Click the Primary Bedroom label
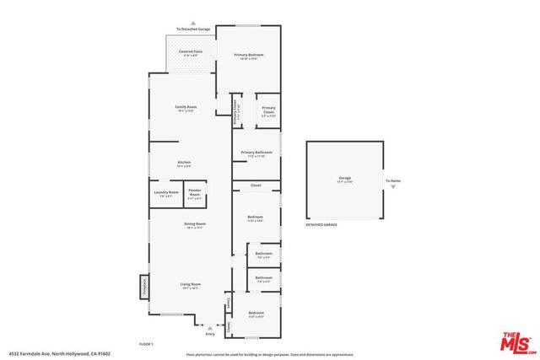pyautogui.click(x=249, y=55)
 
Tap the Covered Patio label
pyautogui.click(x=190, y=52)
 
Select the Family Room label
pyautogui.click(x=185, y=107)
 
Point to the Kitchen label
pyautogui.click(x=183, y=162)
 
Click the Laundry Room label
pyautogui.click(x=166, y=192)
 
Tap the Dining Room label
pyautogui.click(x=195, y=223)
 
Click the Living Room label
pyautogui.click(x=191, y=284)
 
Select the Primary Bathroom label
pyautogui.click(x=256, y=153)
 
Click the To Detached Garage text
pyautogui.click(x=192, y=29)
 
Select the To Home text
pyautogui.click(x=393, y=180)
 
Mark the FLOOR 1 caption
pyautogui.click(x=147, y=344)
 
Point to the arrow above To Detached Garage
pyautogui.click(x=192, y=22)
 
